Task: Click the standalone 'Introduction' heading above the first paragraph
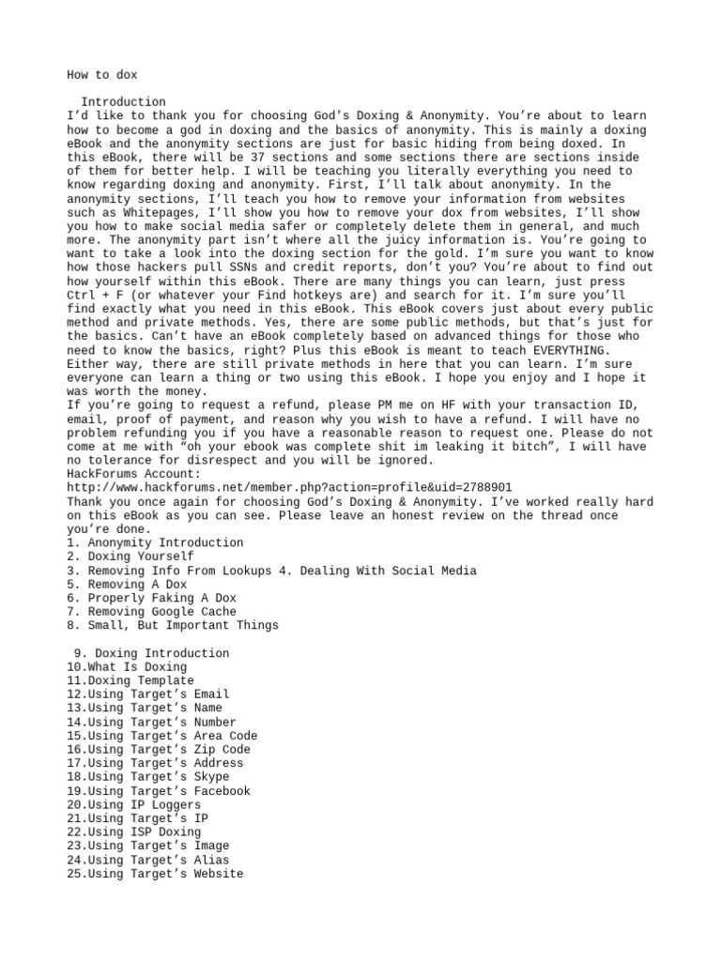click(123, 102)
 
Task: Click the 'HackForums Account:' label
click(134, 474)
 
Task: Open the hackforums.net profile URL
click(289, 488)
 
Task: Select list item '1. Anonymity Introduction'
click(155, 542)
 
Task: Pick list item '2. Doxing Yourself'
click(130, 557)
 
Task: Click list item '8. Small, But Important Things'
click(172, 625)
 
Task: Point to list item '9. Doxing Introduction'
click(151, 653)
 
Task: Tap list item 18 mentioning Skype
click(147, 777)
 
